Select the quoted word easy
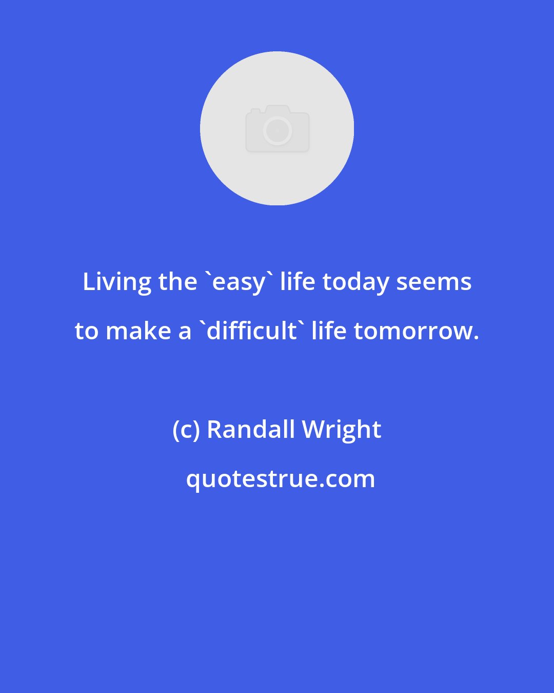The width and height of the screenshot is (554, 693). click(x=239, y=282)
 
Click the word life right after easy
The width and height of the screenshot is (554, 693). click(x=298, y=281)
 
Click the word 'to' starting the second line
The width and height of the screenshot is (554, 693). click(x=86, y=332)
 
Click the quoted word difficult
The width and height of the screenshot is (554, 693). click(x=251, y=331)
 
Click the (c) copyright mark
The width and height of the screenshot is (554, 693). click(x=186, y=430)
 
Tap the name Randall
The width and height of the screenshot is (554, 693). click(x=251, y=429)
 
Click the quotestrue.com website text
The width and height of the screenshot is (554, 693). click(x=281, y=479)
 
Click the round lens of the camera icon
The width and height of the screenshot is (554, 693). click(x=278, y=131)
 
